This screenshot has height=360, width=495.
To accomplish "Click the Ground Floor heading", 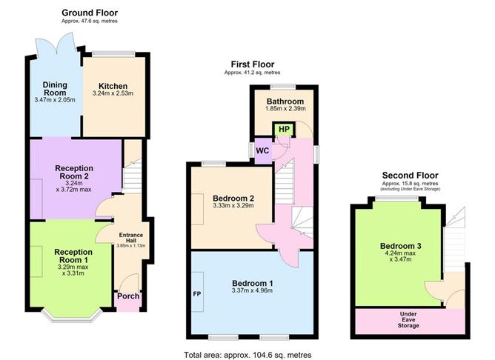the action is (x=90, y=13).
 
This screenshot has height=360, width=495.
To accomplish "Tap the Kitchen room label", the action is (x=113, y=86).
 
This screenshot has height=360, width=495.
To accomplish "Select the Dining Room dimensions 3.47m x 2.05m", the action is (x=55, y=100).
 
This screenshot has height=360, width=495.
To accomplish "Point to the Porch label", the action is (x=128, y=296).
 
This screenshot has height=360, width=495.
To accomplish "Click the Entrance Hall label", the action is (x=131, y=238).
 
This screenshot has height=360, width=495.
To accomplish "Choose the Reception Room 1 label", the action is (x=73, y=256).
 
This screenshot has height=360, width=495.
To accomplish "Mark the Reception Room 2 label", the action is (x=74, y=173).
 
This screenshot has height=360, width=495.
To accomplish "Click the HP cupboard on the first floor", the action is (x=284, y=130).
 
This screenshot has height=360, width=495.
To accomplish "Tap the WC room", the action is (x=263, y=151).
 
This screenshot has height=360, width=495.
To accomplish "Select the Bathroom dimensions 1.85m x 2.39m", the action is (x=285, y=109).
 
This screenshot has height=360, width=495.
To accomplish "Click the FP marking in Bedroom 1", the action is (x=197, y=294).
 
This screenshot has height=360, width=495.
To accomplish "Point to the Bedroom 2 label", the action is (x=233, y=199).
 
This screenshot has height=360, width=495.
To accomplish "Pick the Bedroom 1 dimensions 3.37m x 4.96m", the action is (x=252, y=290).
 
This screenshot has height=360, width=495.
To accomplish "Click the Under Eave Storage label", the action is (x=408, y=319).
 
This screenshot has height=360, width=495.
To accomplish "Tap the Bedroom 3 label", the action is (x=401, y=246).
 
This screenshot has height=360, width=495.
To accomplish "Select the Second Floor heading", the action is (x=410, y=176).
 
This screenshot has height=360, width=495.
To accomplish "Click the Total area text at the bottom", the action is (x=247, y=355).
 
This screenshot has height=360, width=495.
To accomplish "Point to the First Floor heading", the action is (x=253, y=64).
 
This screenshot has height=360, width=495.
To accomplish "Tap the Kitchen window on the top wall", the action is (x=113, y=54).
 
